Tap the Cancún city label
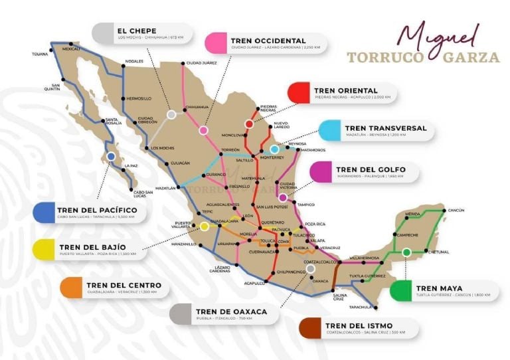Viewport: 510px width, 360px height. click(x=456, y=210)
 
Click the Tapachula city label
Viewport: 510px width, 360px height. click(x=361, y=307)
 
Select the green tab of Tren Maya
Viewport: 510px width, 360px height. click(x=401, y=291)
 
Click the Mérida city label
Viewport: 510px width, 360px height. click(x=413, y=214)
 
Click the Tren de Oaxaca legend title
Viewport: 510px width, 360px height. click(x=231, y=311)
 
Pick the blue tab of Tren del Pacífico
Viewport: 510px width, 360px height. click(x=44, y=212)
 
